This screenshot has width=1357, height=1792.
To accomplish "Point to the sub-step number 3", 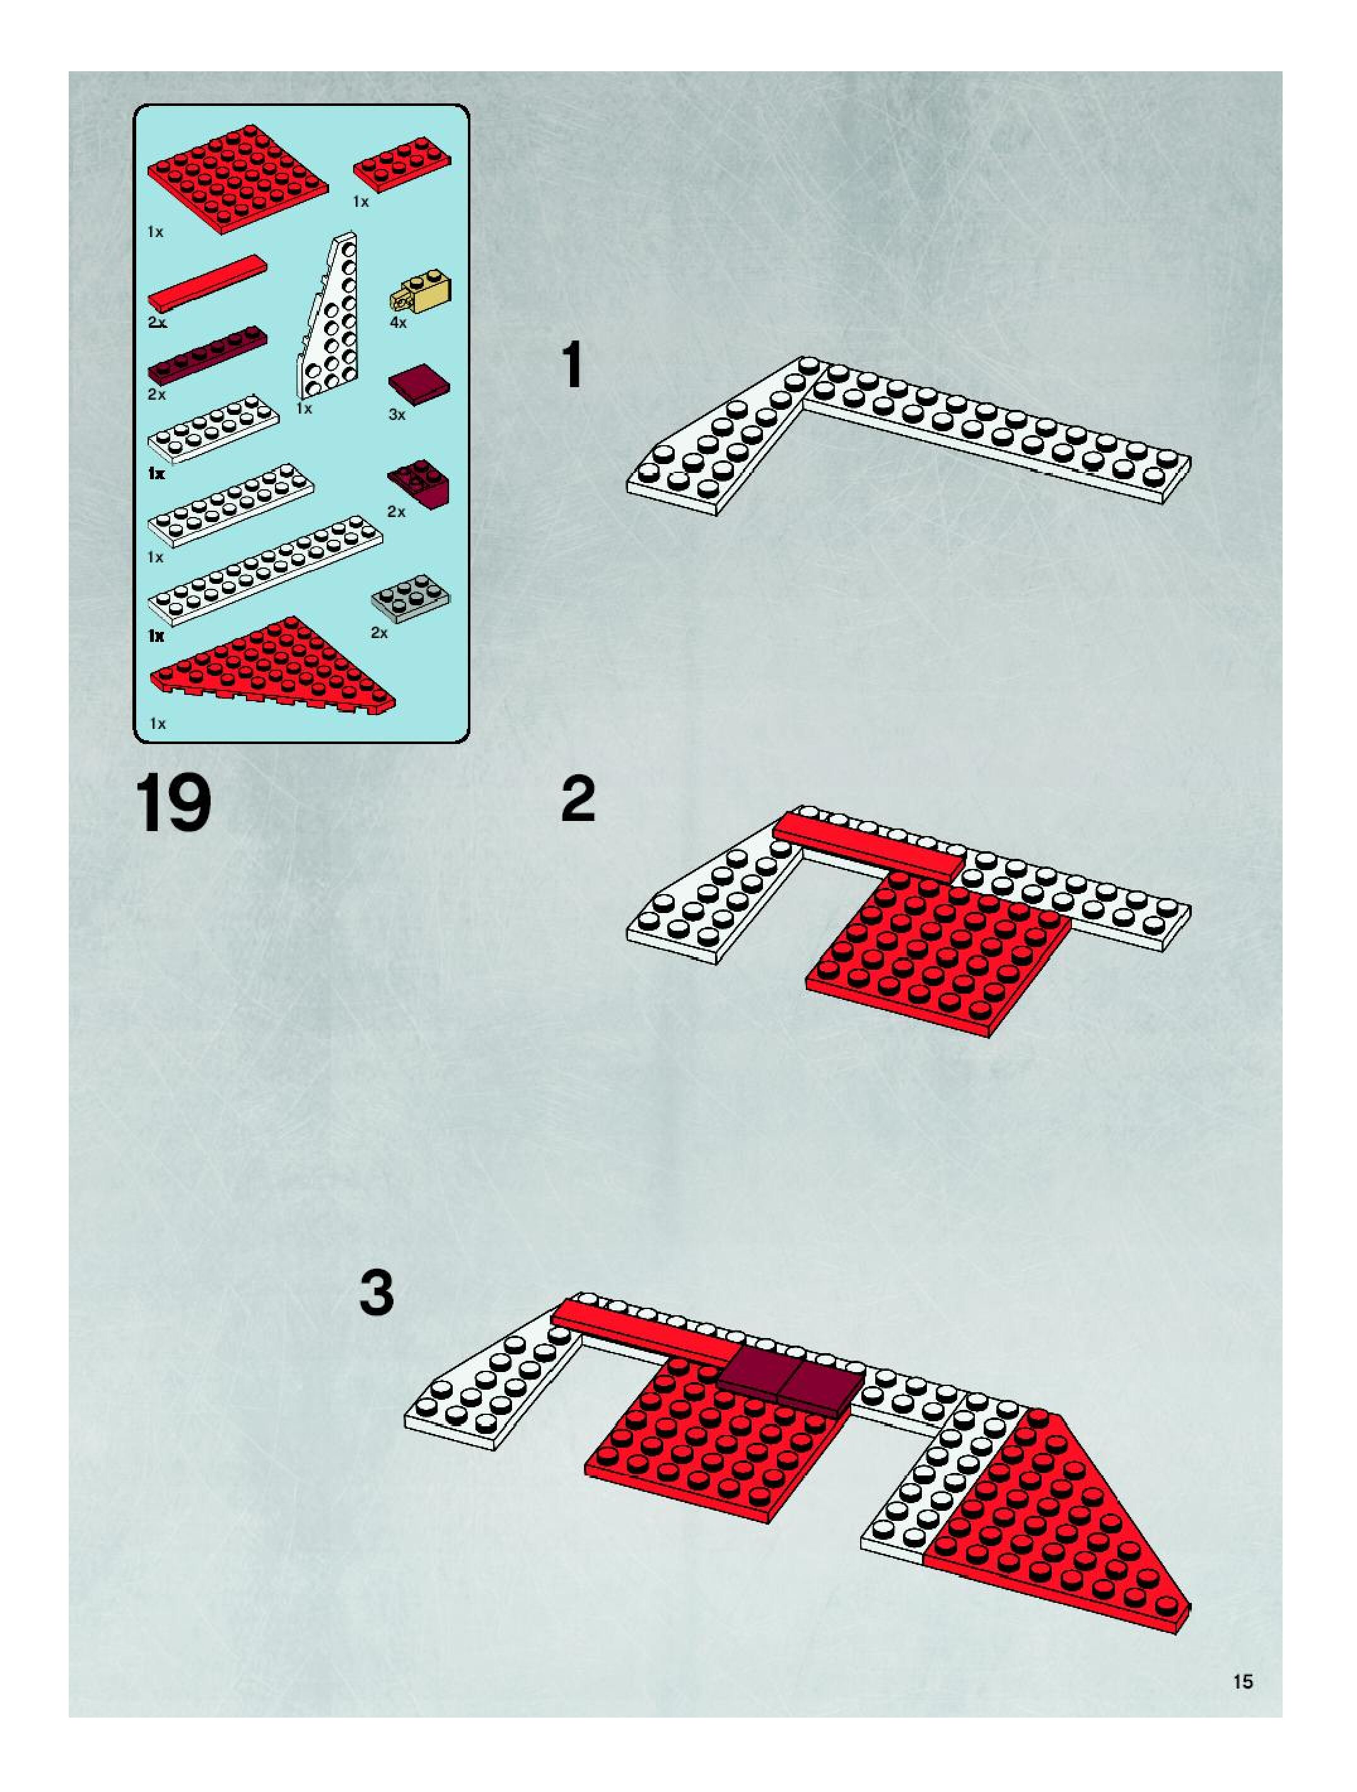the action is (376, 1294).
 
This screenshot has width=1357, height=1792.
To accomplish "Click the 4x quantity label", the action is (397, 322).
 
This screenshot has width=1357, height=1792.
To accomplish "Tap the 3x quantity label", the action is (397, 415).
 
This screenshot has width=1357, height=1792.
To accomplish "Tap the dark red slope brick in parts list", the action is (421, 482).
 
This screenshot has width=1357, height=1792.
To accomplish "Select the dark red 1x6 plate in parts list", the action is (207, 354).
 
